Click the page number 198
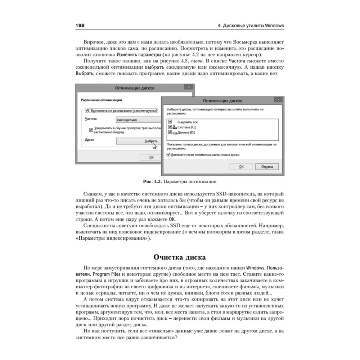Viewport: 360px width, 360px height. pyautogui.click(x=80, y=26)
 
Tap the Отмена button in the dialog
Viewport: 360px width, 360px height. pyautogui.click(x=267, y=167)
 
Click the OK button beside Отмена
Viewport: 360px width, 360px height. pyautogui.click(x=241, y=167)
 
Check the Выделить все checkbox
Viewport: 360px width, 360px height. pyautogui.click(x=170, y=122)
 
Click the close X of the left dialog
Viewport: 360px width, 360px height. pyautogui.click(x=188, y=87)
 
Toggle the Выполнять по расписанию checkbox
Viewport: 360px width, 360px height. pyautogui.click(x=87, y=111)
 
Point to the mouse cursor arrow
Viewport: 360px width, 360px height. pyautogui.click(x=154, y=146)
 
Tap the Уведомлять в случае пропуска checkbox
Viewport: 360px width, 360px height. pyautogui.click(x=91, y=128)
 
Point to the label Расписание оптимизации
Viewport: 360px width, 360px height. pyautogui.click(x=102, y=100)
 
